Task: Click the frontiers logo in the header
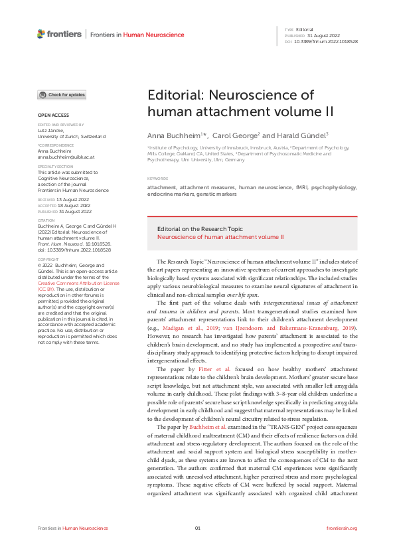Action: point(60,34)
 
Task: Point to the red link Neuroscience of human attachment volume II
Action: point(220,236)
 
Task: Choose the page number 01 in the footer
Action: point(197,528)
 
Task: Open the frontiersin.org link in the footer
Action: point(342,528)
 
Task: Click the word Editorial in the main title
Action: point(175,95)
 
